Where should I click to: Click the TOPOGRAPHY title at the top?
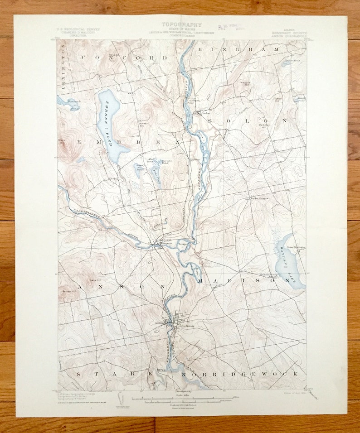coord(181,25)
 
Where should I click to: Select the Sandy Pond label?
coord(139,167)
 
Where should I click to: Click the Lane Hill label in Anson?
coord(95,281)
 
